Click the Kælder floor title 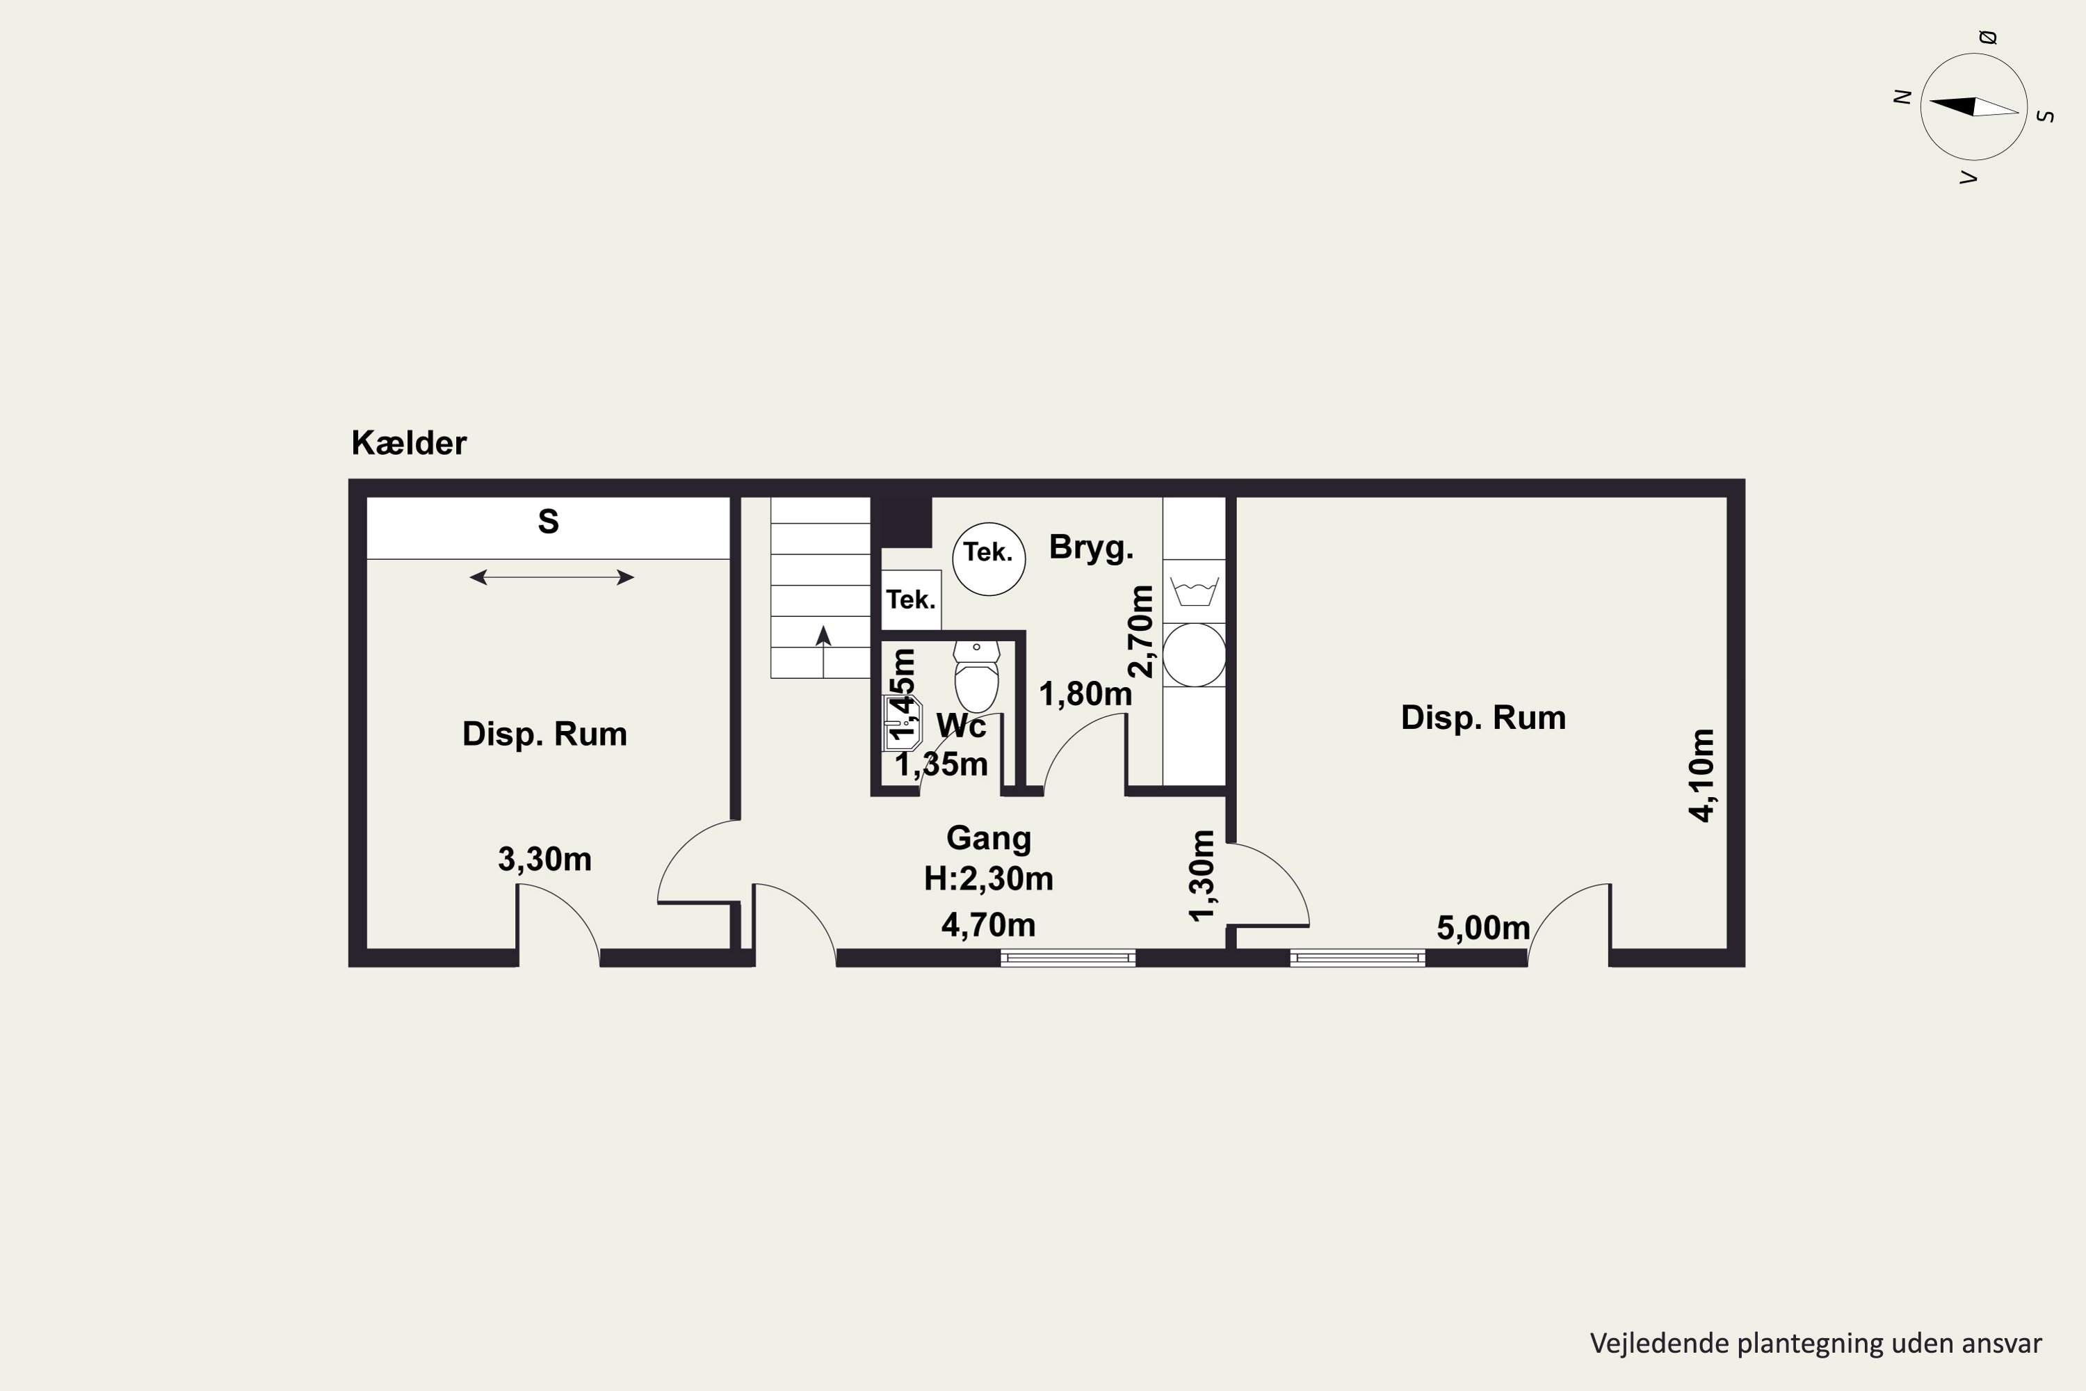409,442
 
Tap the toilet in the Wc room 976,675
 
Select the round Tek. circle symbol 989,559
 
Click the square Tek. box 911,600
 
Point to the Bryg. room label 1091,547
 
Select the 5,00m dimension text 1484,928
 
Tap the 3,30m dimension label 544,859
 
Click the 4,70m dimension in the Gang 988,925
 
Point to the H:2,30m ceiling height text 988,878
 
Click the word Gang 988,838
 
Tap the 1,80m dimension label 1085,693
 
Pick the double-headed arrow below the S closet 551,577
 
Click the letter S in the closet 548,522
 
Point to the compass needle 1974,107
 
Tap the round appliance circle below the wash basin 1195,654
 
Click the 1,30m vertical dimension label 1201,876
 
